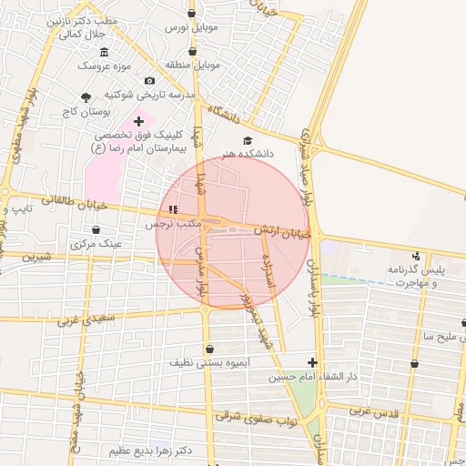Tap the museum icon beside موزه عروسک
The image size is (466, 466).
point(105,51)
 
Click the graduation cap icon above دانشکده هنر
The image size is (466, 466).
point(248,140)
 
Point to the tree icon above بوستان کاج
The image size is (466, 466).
point(86,96)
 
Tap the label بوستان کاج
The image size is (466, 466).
point(87,111)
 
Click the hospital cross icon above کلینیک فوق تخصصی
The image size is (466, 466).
point(138,120)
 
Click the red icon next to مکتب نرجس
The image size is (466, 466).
point(174,209)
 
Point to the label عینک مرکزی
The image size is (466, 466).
point(96,244)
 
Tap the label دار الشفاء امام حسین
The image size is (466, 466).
point(309,376)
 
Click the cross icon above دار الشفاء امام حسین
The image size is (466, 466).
point(312,362)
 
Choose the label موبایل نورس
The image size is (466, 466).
point(191,28)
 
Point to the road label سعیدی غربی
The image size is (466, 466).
point(86,319)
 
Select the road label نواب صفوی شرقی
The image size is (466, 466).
point(250,418)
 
